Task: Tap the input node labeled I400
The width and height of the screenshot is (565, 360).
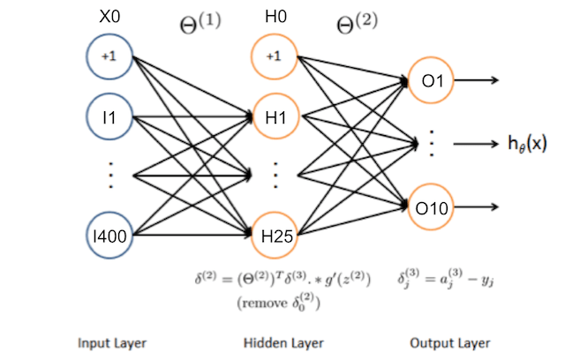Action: click(109, 236)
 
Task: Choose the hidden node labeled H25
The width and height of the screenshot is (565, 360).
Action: click(275, 236)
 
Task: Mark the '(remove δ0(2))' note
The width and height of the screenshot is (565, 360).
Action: click(276, 301)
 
